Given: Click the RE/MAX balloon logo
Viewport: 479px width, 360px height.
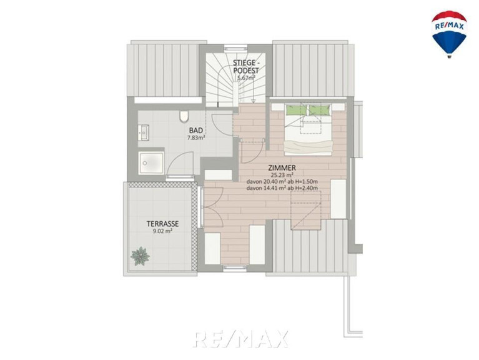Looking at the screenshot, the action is [449, 34].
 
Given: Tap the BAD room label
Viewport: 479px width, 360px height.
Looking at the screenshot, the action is [196, 131].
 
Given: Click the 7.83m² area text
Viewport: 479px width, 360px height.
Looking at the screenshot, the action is [196, 137].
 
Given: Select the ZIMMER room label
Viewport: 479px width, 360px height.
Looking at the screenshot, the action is [282, 167].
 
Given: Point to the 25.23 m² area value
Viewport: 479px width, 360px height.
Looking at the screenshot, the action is [282, 175].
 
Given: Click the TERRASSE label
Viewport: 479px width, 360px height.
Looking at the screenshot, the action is [162, 224].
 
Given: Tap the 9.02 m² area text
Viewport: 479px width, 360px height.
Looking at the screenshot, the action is [162, 231].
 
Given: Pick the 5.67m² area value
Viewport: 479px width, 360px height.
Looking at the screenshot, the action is [246, 77].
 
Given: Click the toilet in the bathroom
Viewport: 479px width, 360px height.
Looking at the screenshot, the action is [184, 117].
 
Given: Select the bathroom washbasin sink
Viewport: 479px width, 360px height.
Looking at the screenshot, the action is [143, 133].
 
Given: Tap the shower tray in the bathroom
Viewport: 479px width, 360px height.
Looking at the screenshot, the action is [151, 164].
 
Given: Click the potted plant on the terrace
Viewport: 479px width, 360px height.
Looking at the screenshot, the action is [140, 256].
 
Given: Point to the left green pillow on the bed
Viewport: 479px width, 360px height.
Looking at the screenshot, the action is [296, 110].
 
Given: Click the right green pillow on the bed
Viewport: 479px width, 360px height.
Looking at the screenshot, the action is [320, 110].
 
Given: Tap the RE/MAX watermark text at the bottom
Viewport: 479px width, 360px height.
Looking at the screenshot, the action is [240, 339].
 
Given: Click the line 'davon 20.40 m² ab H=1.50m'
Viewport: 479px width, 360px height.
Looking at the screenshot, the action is [282, 181].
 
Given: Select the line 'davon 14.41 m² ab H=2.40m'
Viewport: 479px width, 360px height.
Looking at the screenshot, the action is [282, 188].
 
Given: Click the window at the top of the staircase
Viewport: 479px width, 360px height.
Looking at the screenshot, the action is [235, 47].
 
